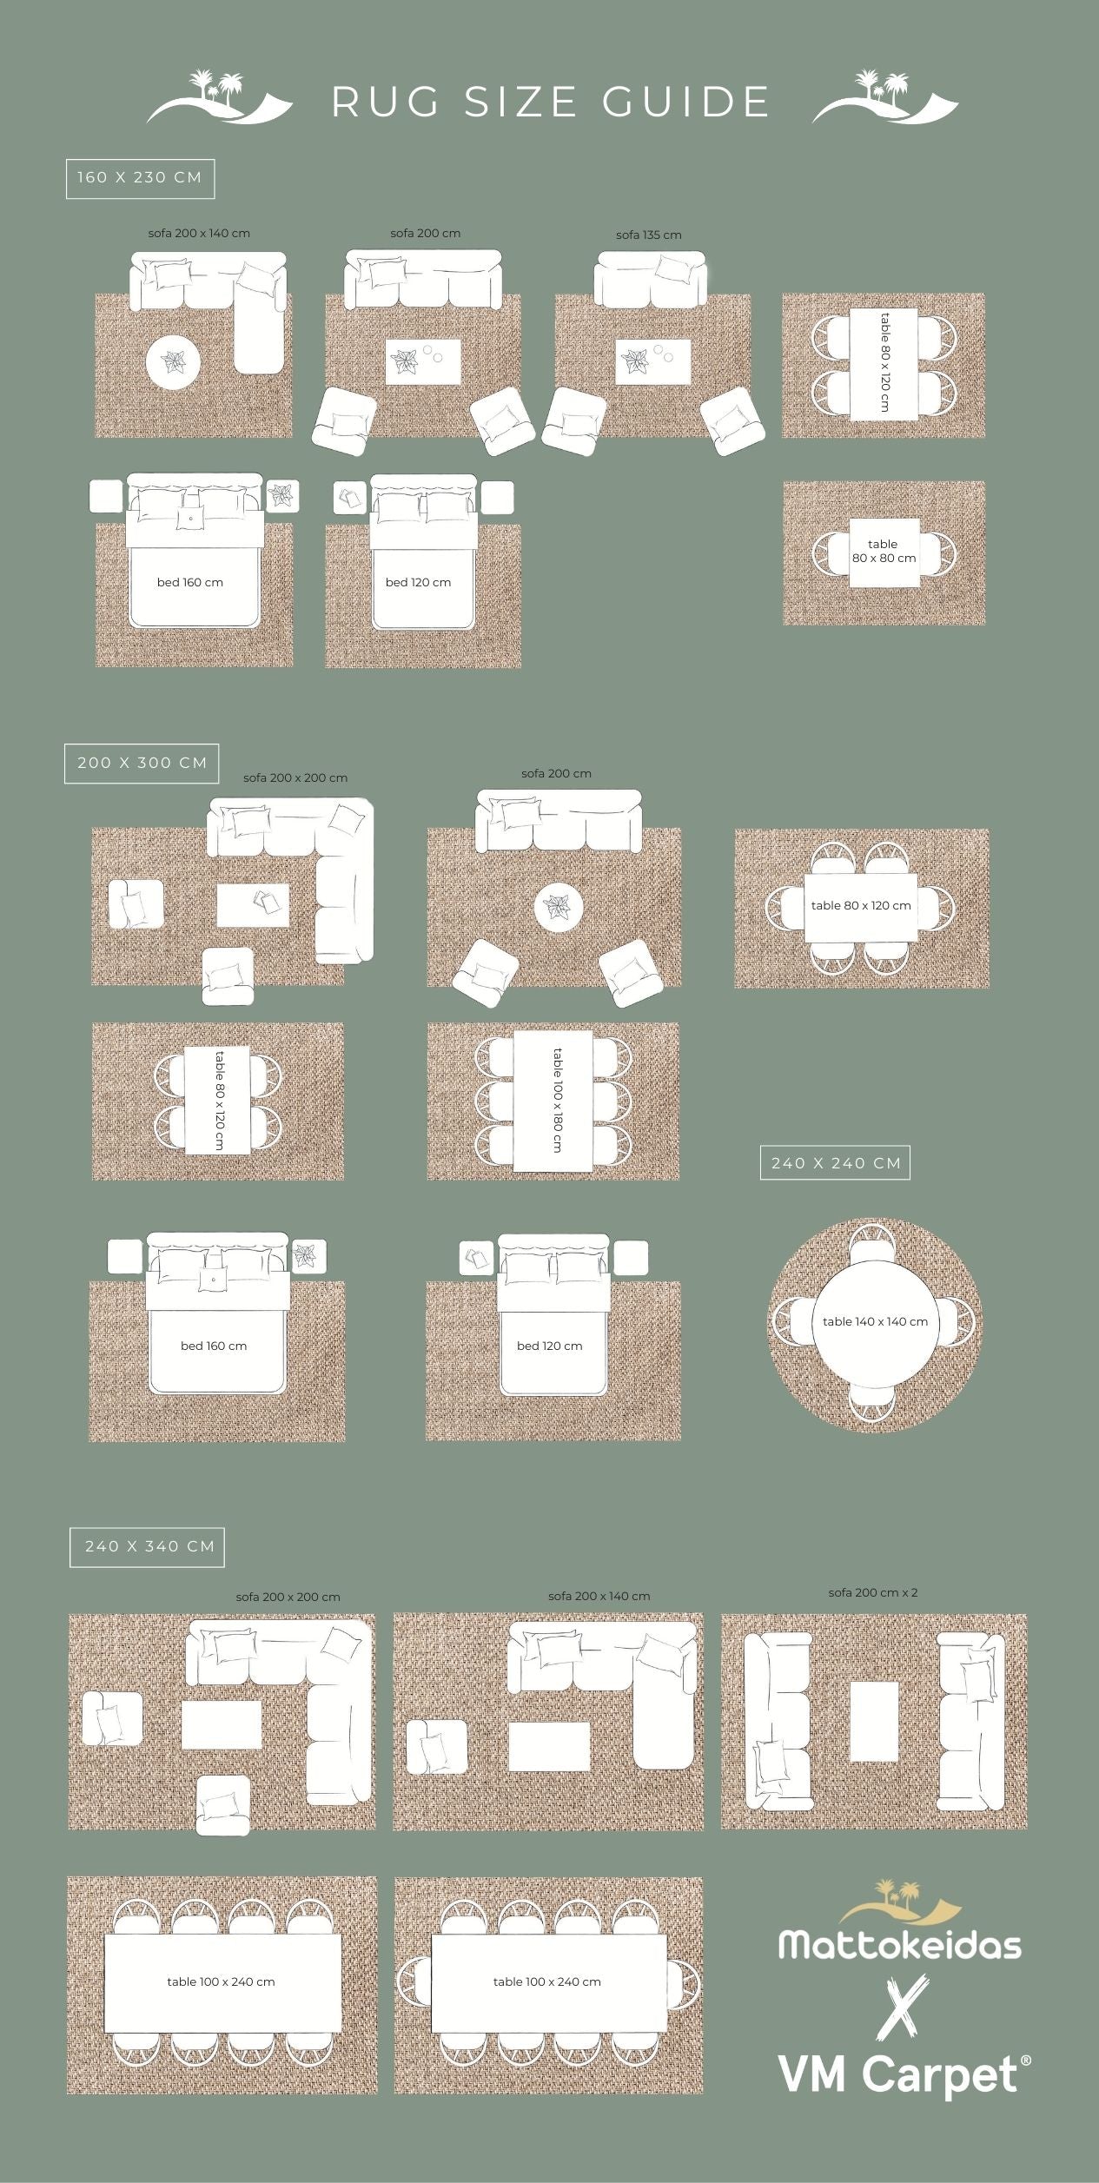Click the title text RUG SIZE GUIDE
pos(551,102)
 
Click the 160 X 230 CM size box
pos(140,178)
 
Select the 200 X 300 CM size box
pos(142,763)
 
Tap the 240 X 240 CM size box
pos(835,1162)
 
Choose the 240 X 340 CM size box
pos(148,1546)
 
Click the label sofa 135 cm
pos(648,235)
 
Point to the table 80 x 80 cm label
pos(884,551)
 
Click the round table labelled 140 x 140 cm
pos(875,1320)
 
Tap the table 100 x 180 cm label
pos(556,1100)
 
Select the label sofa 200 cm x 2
pos(872,1592)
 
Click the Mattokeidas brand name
pos(900,1945)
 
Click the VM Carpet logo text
pos(900,2074)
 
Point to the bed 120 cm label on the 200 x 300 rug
pos(549,1346)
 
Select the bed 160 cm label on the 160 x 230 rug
pos(189,582)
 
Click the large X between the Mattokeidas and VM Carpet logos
pos(902,2007)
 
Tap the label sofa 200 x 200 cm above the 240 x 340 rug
pos(288,1597)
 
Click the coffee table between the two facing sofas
pos(873,1721)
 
